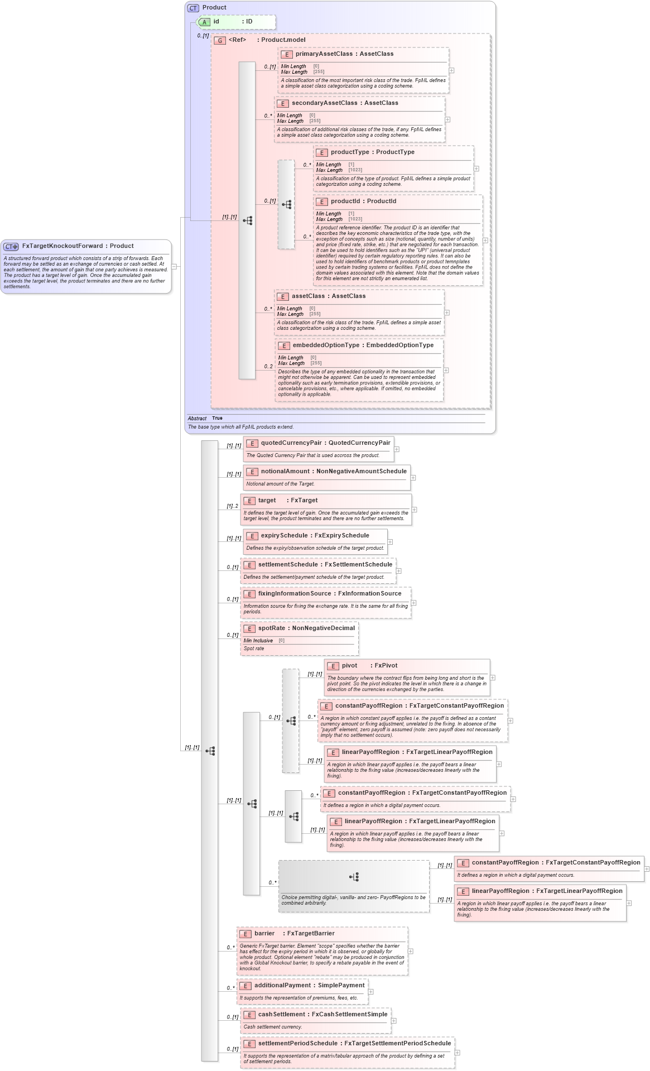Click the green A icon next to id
(205, 22)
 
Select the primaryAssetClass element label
(324, 54)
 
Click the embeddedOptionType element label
(326, 345)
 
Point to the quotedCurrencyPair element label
(291, 443)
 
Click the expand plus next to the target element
(415, 510)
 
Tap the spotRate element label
(271, 628)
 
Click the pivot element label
(349, 666)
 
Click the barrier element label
(264, 934)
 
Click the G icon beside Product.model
(220, 40)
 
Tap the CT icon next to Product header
(193, 8)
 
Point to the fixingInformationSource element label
(294, 594)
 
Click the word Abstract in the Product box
(197, 419)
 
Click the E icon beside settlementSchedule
(249, 565)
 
